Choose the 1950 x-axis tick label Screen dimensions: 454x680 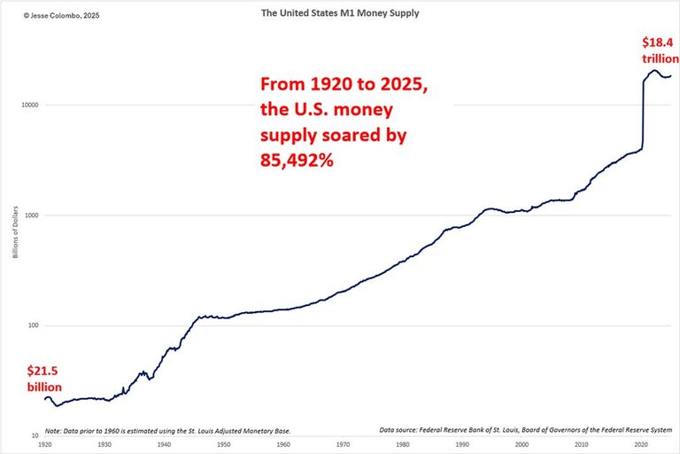click(223, 444)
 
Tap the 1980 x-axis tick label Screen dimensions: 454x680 click(402, 444)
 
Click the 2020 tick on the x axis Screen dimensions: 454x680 click(640, 444)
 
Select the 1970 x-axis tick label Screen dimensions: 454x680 click(343, 444)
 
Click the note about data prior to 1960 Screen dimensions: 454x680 click(167, 430)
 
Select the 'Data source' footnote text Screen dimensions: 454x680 click(526, 430)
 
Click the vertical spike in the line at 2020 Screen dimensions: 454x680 click(642, 115)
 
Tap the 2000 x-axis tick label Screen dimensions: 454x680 click(522, 444)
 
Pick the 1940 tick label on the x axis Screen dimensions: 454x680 click(164, 444)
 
